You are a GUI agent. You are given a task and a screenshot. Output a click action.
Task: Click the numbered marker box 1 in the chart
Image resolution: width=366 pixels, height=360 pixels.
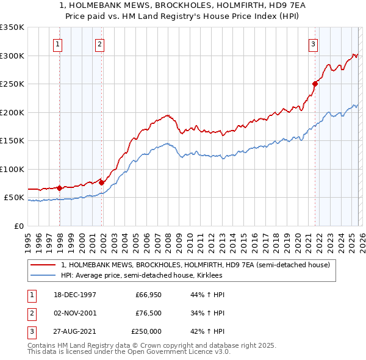click(57, 44)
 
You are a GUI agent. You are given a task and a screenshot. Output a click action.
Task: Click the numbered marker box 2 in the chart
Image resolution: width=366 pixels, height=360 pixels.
click(99, 44)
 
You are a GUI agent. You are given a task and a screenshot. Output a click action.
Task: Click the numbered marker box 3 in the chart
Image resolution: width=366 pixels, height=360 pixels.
click(313, 44)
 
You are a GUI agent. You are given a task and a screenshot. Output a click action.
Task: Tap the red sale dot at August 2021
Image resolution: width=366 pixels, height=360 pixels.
click(315, 84)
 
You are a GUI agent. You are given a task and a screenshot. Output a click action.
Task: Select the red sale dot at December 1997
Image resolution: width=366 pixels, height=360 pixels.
click(60, 188)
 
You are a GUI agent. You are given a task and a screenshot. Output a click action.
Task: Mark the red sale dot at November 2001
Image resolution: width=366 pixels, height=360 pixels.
click(102, 182)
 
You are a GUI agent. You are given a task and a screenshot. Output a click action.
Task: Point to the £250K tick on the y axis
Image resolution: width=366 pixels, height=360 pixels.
click(12, 84)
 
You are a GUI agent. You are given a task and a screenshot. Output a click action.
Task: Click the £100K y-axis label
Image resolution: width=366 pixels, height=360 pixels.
click(12, 169)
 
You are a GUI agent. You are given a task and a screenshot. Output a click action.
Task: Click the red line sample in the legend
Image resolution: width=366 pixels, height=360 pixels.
click(43, 265)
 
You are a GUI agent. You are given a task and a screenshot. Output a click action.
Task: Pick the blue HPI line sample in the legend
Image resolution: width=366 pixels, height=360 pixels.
click(43, 276)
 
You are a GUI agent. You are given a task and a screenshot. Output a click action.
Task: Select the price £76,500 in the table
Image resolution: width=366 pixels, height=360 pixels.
click(148, 313)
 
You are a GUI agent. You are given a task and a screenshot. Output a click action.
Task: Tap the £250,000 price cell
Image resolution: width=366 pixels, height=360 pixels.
click(146, 331)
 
